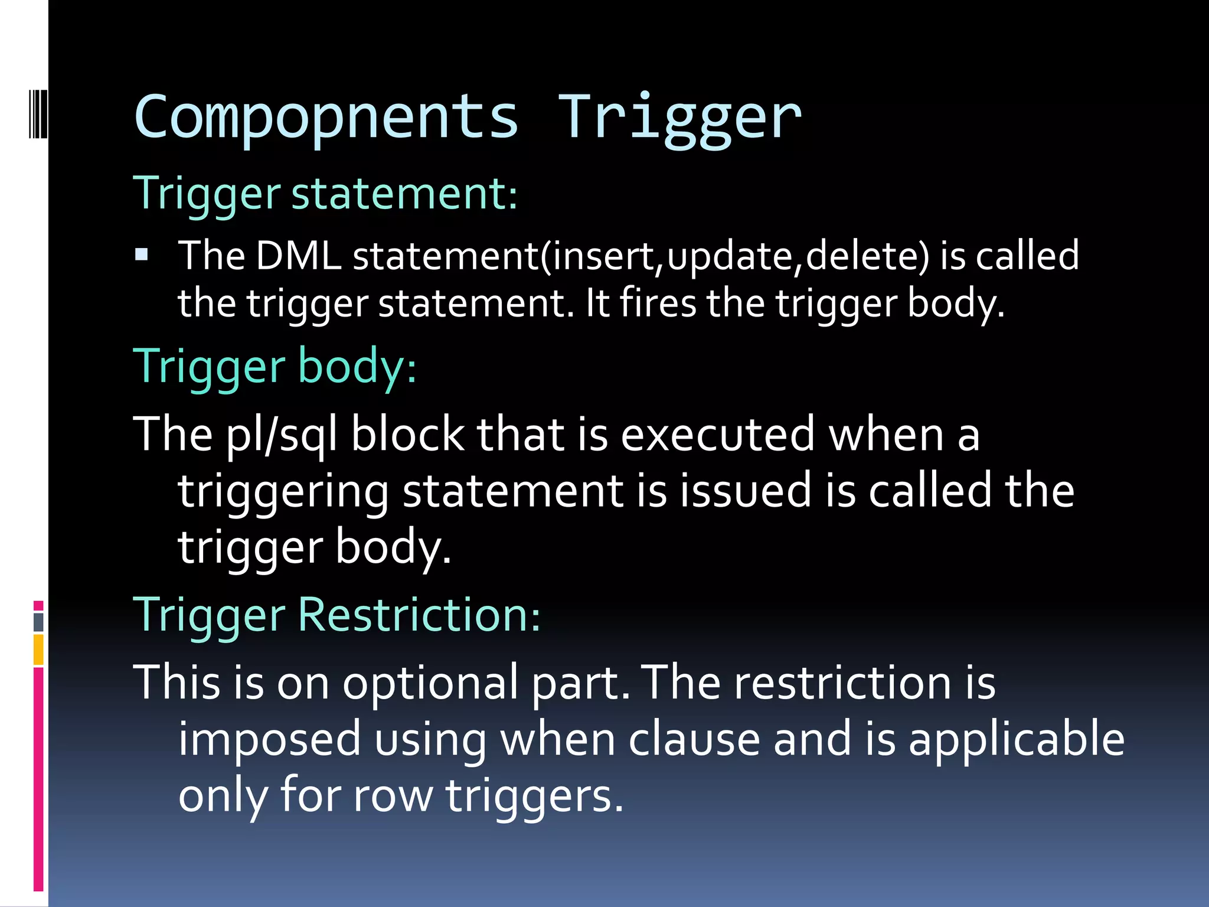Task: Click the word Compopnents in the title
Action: [x=326, y=118]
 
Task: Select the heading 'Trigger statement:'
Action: [x=325, y=194]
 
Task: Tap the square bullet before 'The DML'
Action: [x=142, y=255]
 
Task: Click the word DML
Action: [x=299, y=256]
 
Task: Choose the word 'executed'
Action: [x=718, y=435]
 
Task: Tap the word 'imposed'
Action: [x=269, y=739]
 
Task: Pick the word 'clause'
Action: [x=694, y=739]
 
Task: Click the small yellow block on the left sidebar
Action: [x=38, y=650]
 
